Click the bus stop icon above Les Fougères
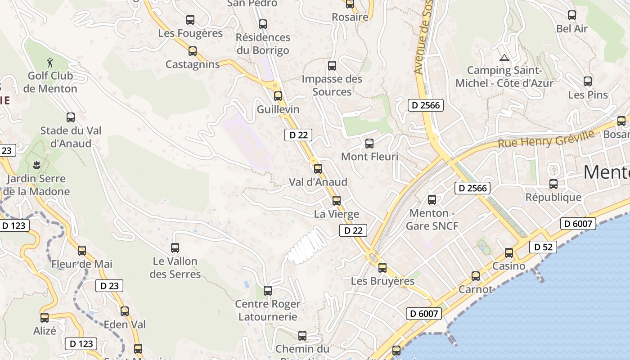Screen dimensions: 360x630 pos(190,20)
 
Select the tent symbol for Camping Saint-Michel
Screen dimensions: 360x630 pos(504,58)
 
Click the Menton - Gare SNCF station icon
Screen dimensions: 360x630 pos(432,199)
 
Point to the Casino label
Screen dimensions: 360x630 pos(508,266)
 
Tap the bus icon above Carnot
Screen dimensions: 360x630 pos(476,276)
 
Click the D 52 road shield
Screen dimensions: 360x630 pos(543,247)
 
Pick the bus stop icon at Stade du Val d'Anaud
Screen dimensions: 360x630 pos(71,117)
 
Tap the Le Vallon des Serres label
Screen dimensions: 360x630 pos(175,267)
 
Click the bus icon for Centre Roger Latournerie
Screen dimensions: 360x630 pos(268,291)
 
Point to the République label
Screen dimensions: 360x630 pos(553,197)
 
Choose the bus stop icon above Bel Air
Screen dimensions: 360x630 pos(572,15)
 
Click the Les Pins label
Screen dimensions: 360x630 pos(588,95)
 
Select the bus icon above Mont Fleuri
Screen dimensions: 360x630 pos(369,144)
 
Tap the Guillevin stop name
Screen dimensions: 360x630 pos(278,109)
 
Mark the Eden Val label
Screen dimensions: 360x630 pos(125,324)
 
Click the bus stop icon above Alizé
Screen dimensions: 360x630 pos(45,318)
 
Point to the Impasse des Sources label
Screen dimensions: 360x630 pos(332,85)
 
